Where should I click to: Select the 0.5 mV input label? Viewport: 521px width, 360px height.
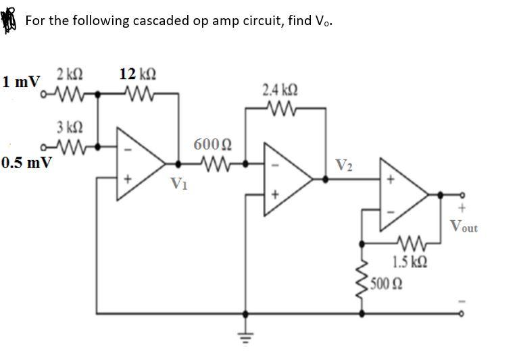click(x=26, y=163)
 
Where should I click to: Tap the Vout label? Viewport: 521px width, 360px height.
click(x=463, y=226)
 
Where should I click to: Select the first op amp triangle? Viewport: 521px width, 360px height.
click(x=141, y=163)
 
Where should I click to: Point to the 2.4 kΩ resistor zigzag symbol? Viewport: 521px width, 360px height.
click(x=280, y=107)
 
